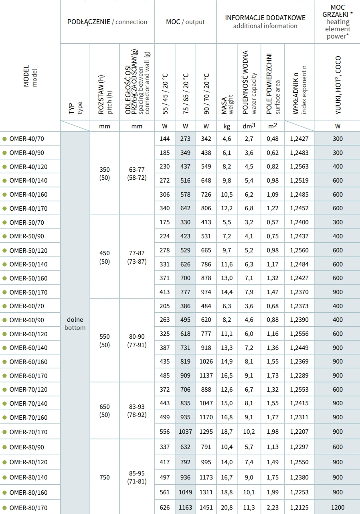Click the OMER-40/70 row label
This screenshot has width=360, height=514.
click(x=26, y=139)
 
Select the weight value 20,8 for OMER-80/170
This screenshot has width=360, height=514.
click(x=227, y=508)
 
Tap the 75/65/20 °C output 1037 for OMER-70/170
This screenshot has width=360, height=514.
click(x=185, y=432)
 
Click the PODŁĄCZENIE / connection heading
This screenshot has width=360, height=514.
click(x=107, y=22)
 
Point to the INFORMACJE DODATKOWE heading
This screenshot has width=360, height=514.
click(x=265, y=18)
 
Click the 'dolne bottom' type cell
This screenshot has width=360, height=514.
click(x=75, y=323)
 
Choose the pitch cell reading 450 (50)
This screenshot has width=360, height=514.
click(x=104, y=257)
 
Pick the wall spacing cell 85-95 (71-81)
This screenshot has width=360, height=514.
click(x=137, y=477)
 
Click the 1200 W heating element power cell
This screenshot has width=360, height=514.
click(x=338, y=508)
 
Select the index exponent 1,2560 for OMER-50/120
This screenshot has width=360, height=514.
click(x=299, y=250)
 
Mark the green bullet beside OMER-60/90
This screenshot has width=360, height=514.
click(x=4, y=320)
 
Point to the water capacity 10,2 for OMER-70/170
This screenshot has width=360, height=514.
click(x=249, y=432)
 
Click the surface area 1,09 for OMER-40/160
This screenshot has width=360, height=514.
click(x=273, y=195)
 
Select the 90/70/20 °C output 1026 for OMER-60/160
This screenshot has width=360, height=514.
click(x=206, y=362)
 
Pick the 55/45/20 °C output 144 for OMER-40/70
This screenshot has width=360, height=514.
click(x=164, y=139)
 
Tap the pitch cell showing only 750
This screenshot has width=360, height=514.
click(x=104, y=477)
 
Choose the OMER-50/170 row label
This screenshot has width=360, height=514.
click(x=28, y=292)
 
